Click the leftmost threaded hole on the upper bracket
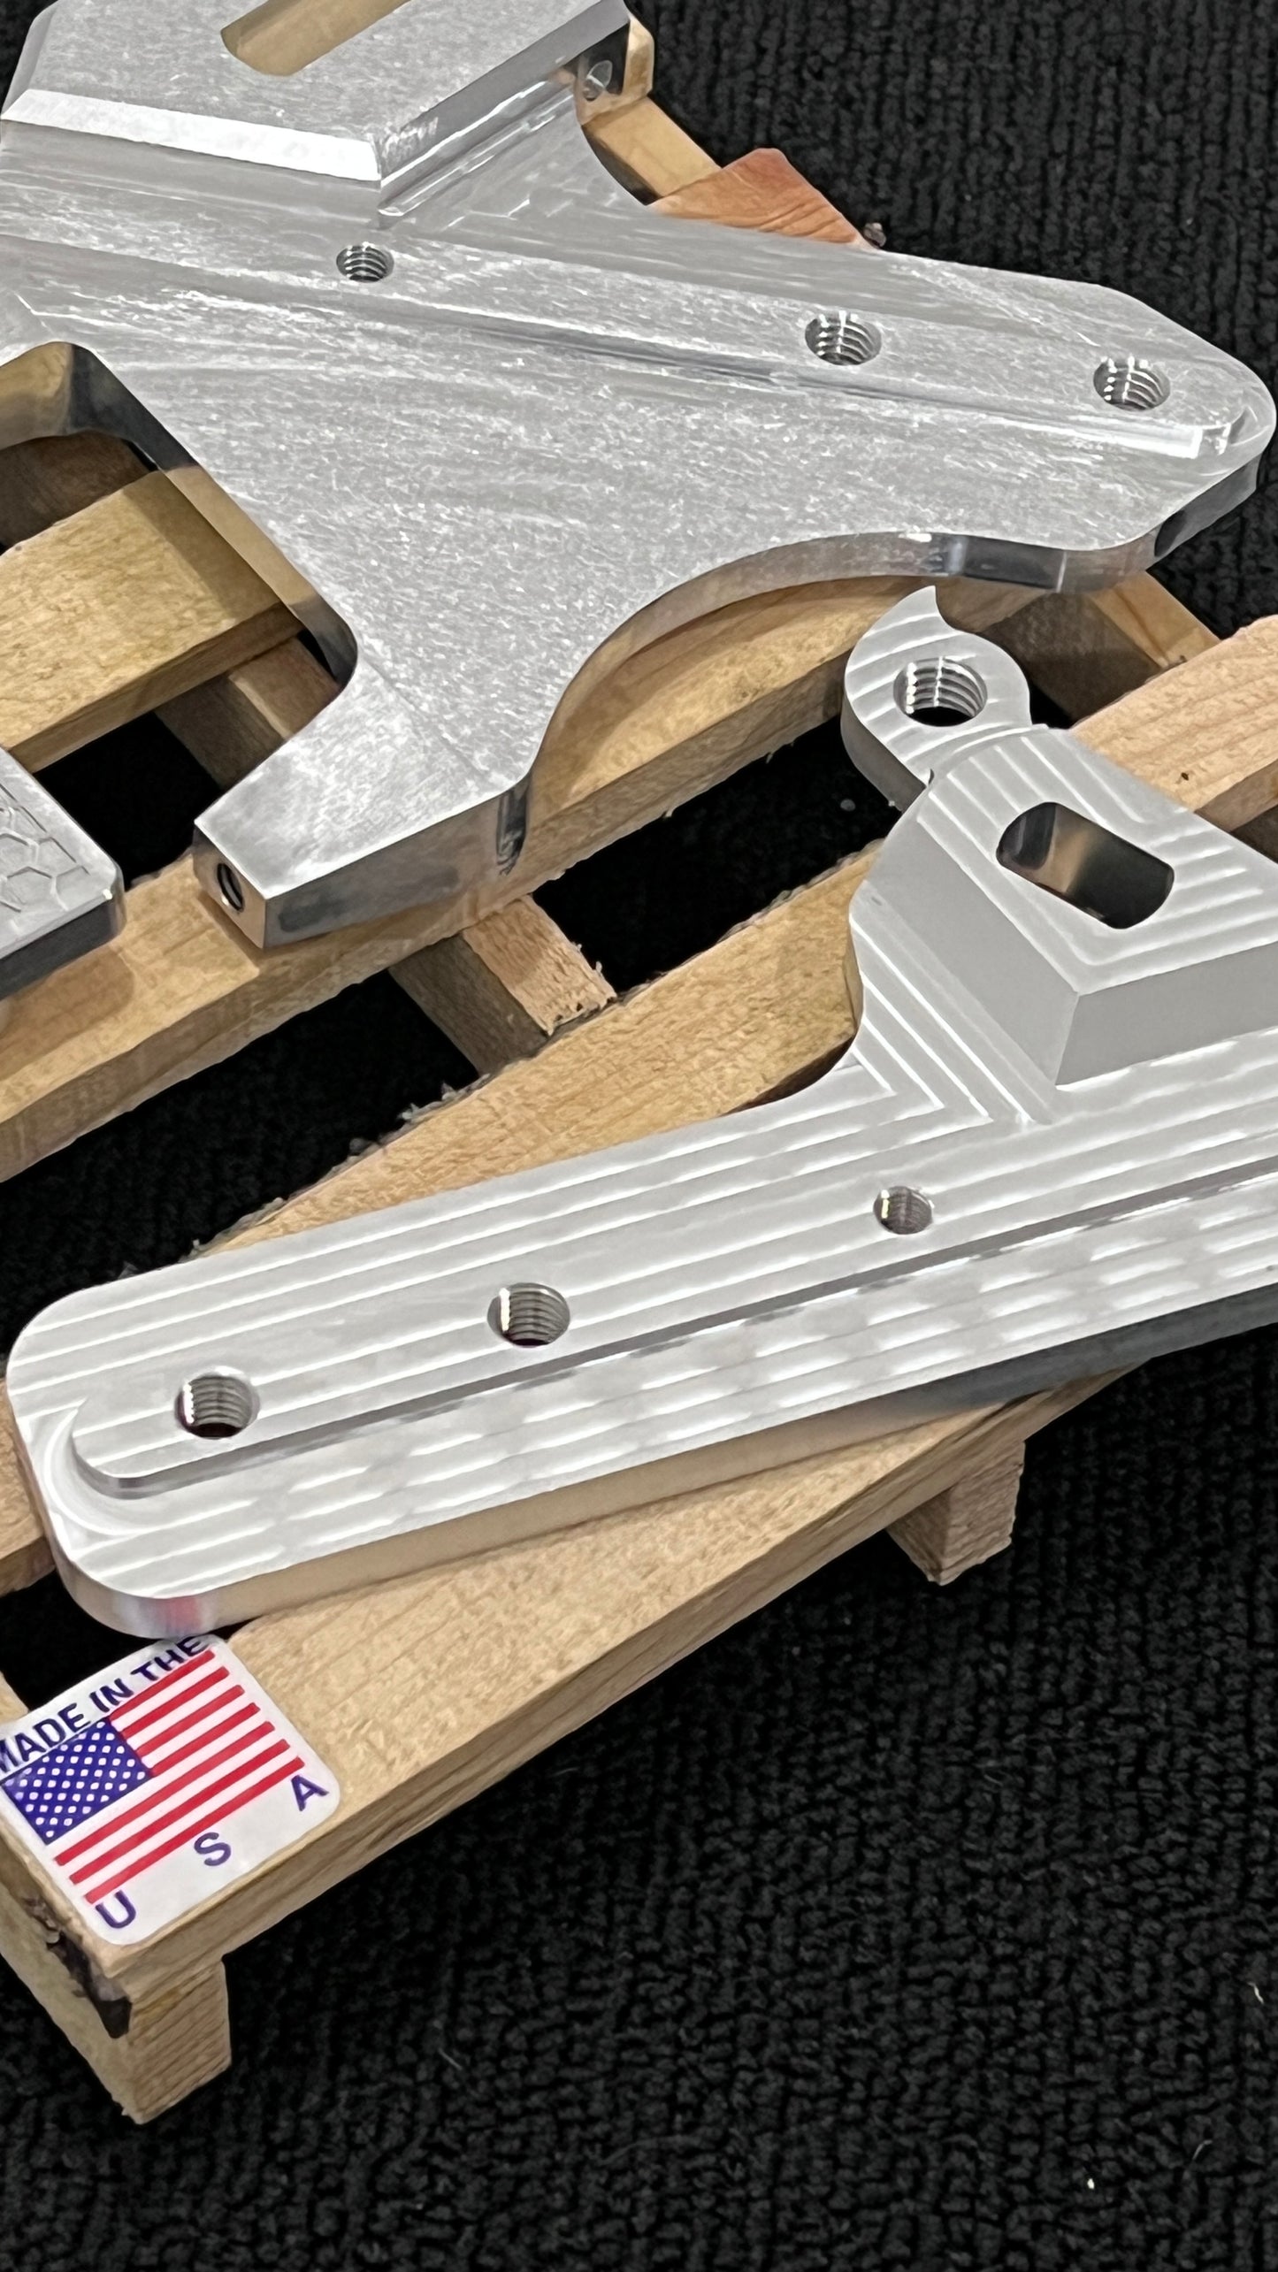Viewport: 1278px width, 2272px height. click(364, 261)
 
